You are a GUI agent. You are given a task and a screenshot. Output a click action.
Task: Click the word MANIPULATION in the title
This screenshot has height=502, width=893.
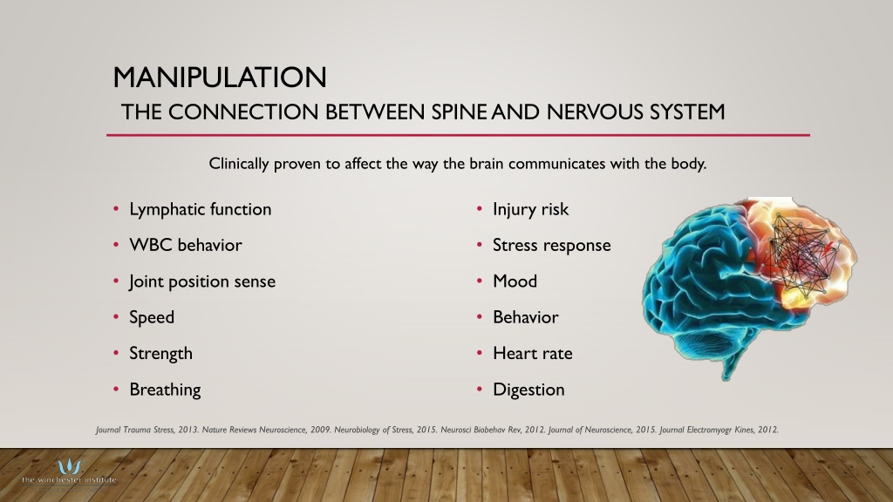(220, 78)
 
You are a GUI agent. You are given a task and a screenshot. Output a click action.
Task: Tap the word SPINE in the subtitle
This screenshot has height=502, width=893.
(459, 112)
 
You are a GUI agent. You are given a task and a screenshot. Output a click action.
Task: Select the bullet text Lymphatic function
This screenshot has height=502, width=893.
(200, 209)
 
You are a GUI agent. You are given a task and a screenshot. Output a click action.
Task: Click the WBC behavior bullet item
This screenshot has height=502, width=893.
(186, 245)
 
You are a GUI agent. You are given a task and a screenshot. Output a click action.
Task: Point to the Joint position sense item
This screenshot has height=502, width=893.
(202, 282)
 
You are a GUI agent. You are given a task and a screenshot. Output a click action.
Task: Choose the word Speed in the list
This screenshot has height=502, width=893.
(152, 317)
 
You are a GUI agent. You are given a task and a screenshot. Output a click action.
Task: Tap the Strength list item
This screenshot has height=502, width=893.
(160, 354)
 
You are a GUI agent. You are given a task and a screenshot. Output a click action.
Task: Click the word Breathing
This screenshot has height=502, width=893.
(165, 390)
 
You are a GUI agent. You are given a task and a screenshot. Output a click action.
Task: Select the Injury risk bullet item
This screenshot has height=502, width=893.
(530, 209)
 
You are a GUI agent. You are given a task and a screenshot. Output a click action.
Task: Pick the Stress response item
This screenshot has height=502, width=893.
(551, 245)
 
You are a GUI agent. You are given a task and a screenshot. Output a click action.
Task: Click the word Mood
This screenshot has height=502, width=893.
(515, 282)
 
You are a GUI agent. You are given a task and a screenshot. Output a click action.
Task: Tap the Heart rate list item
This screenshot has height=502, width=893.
(533, 354)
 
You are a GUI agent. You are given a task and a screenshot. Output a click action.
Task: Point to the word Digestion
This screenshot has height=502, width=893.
(528, 390)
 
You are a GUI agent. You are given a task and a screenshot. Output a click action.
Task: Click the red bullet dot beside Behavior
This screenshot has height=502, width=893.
(480, 317)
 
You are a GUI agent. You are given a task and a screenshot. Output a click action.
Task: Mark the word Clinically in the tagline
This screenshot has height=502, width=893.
(239, 164)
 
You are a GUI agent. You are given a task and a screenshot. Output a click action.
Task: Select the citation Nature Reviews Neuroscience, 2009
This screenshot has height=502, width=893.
(267, 430)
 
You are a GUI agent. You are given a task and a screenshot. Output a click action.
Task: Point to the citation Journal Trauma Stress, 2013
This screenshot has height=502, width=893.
(147, 430)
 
